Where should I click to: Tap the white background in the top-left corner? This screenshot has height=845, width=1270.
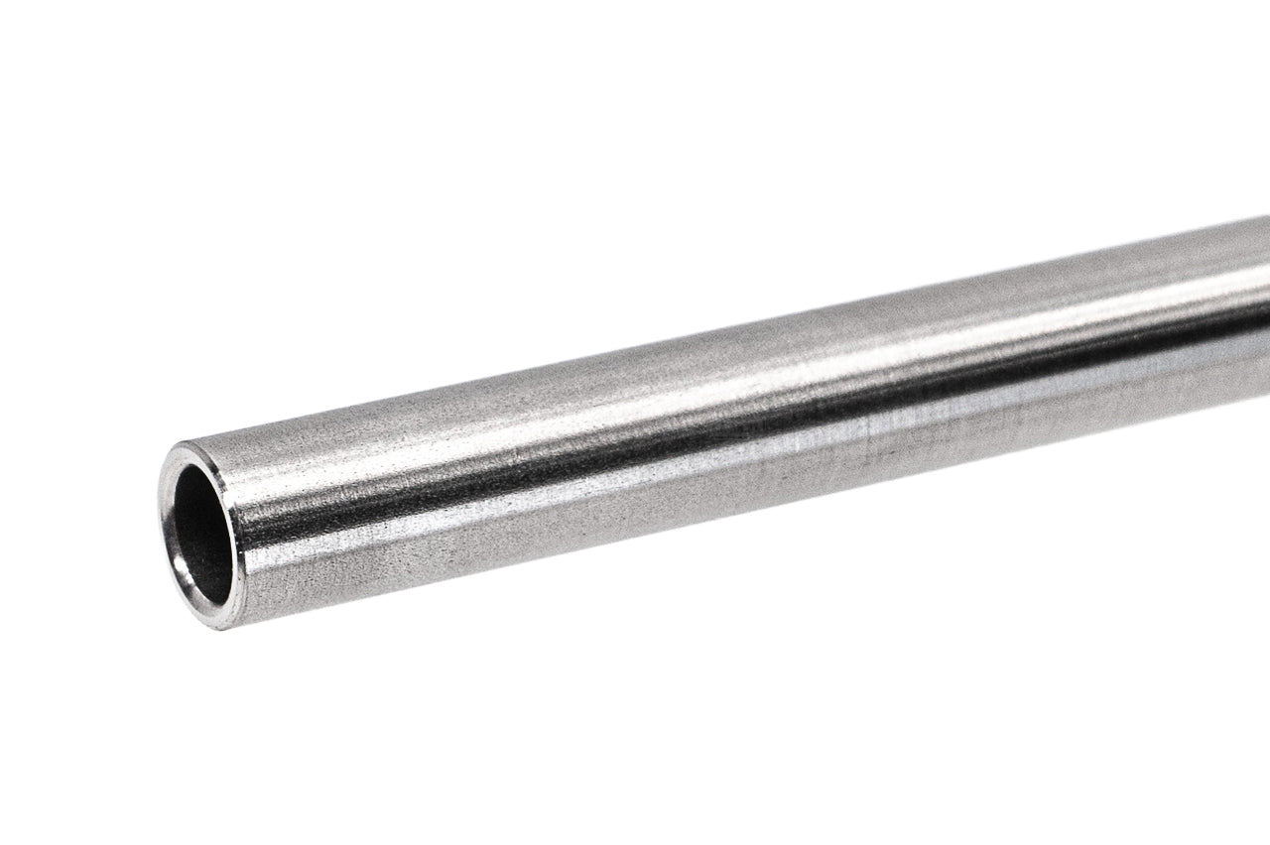click(x=40, y=40)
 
